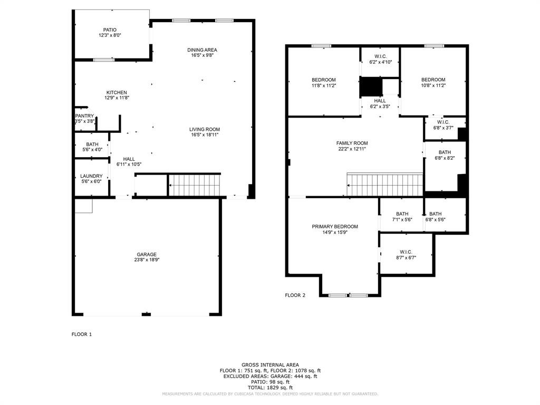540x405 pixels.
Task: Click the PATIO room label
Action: tap(110, 30)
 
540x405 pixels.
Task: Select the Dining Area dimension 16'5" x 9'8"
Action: tap(202, 55)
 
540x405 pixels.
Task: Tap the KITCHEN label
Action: tap(116, 93)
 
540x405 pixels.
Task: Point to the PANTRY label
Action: tap(84, 116)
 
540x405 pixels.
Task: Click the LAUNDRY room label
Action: tap(91, 176)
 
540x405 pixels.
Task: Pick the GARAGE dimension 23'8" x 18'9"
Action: tap(147, 260)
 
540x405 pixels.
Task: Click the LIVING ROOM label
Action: tap(205, 129)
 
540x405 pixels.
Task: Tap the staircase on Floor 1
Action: tap(194, 185)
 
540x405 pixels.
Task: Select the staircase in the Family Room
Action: tap(385, 185)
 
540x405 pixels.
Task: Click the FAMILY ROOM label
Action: tap(352, 143)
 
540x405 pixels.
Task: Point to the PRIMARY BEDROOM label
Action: tap(334, 227)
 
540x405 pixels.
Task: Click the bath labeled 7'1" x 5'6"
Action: tap(402, 217)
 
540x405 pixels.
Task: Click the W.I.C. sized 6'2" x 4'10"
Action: tap(380, 59)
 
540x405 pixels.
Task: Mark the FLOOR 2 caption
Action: tap(295, 295)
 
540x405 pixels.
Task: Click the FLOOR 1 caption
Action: tap(82, 334)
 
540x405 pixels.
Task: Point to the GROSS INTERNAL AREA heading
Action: tap(270, 365)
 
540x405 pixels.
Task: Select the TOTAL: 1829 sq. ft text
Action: tap(270, 388)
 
